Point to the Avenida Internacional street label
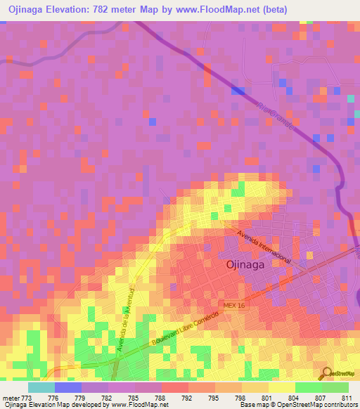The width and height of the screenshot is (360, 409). tap(264, 246)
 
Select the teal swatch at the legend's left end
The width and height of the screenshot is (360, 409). tap(41, 387)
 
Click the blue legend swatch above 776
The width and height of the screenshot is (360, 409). tap(68, 387)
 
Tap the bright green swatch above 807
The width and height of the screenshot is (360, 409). tap(308, 387)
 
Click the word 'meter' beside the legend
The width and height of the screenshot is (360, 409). tap(11, 398)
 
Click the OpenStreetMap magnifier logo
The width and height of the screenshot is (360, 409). tap(328, 373)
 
